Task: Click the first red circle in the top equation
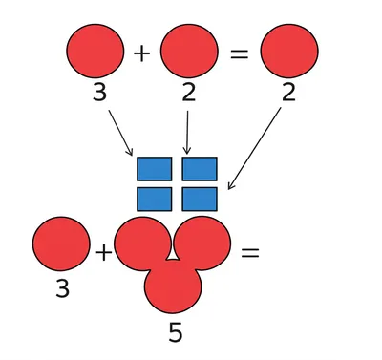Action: pos(95,52)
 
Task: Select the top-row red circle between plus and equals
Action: pos(189,52)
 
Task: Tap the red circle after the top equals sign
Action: pos(288,52)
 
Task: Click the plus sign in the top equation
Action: pos(142,53)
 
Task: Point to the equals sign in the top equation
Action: pos(240,53)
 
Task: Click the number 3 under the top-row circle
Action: pos(98,94)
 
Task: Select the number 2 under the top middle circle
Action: pos(189,94)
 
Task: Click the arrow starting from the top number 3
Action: pos(120,132)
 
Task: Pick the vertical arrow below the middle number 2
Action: pos(187,132)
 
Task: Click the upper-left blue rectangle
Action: pos(154,169)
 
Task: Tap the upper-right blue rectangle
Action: pos(200,169)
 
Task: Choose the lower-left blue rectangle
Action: pos(154,199)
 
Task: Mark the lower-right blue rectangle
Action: pos(200,199)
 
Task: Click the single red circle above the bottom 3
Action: pos(61,246)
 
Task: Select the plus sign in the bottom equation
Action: pos(103,253)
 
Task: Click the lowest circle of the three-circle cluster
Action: pos(173,286)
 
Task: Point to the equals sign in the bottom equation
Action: pos(249,253)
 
